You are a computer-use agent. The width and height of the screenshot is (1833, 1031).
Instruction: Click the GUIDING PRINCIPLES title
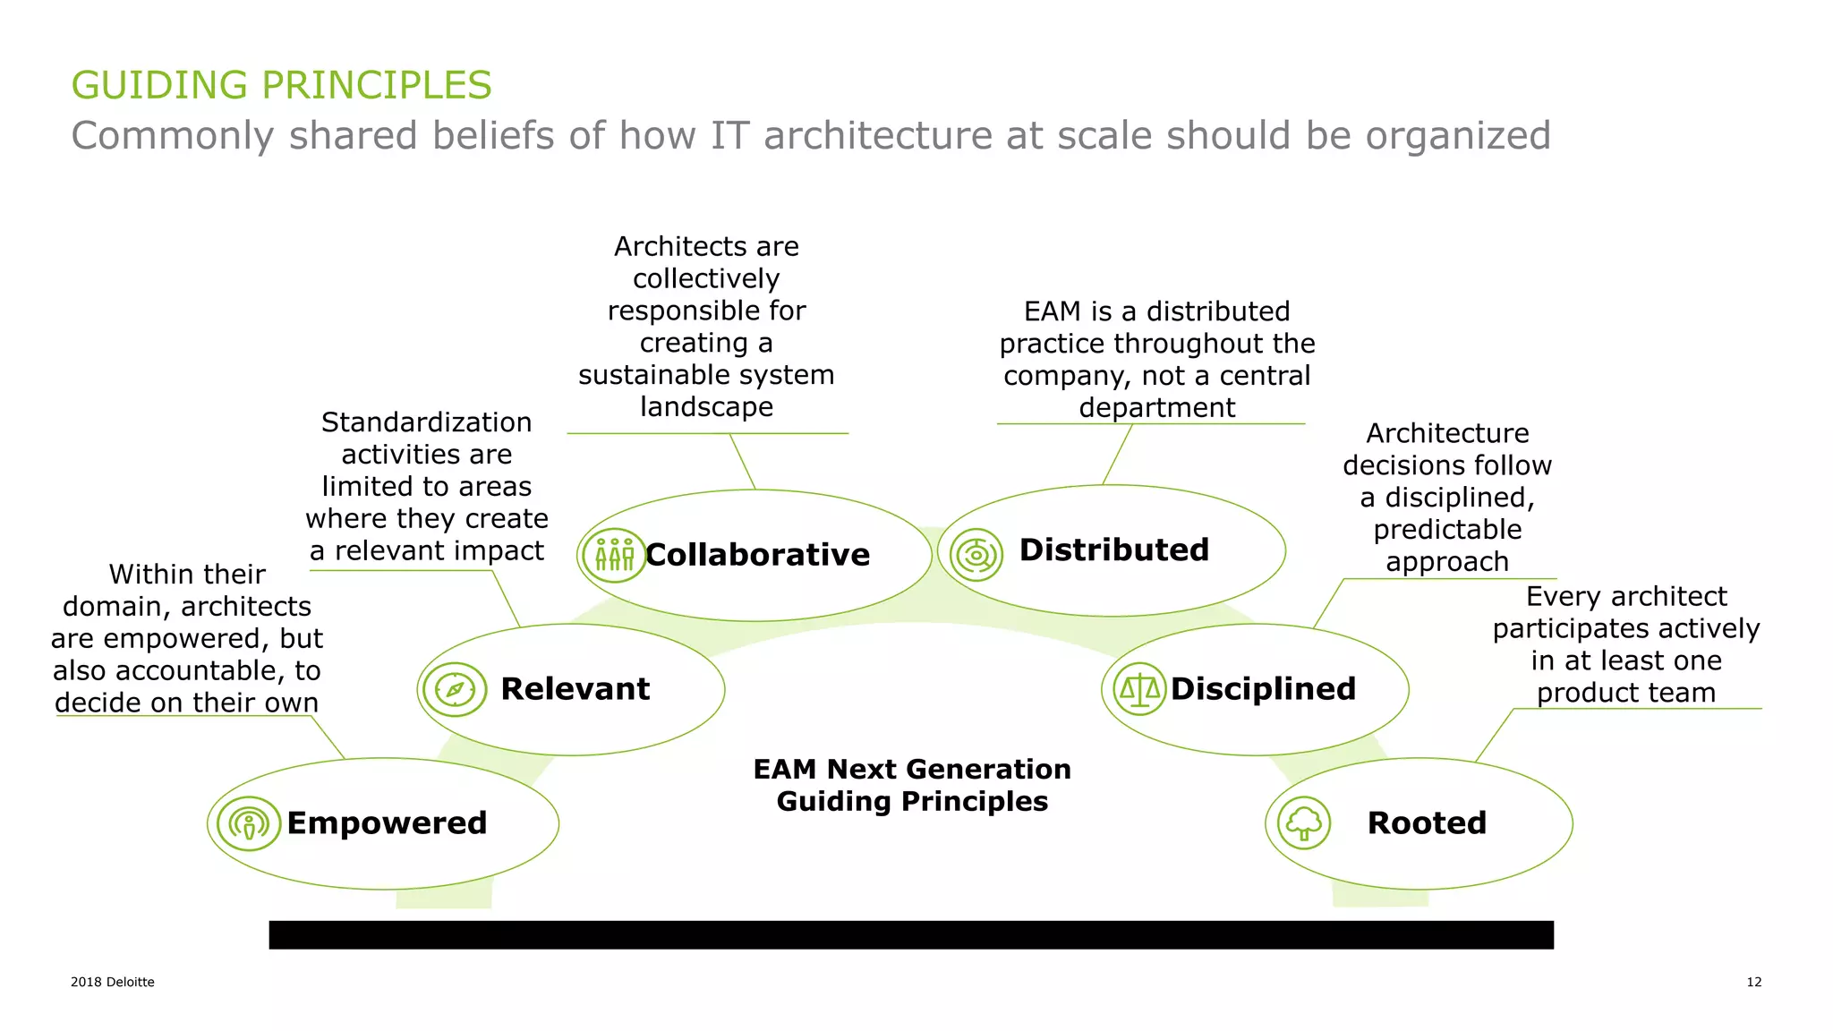pyautogui.click(x=281, y=86)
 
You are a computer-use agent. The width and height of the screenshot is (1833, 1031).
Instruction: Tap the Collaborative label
pyautogui.click(x=757, y=555)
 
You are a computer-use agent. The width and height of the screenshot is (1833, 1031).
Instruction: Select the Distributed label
pyautogui.click(x=1113, y=550)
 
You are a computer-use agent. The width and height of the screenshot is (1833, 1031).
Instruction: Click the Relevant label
pyautogui.click(x=575, y=689)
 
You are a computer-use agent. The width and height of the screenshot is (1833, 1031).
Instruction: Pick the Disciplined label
pyautogui.click(x=1263, y=689)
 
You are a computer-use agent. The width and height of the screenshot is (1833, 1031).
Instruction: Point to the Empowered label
pyautogui.click(x=387, y=823)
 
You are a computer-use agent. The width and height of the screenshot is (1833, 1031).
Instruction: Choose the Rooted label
pyautogui.click(x=1427, y=823)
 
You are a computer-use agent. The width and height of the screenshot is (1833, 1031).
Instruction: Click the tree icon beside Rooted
pyautogui.click(x=1303, y=823)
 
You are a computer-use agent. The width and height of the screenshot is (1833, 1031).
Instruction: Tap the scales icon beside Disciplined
pyautogui.click(x=1139, y=689)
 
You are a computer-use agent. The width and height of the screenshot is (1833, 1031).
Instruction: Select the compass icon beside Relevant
pyautogui.click(x=455, y=690)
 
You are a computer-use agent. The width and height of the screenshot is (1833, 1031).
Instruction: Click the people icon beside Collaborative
pyautogui.click(x=614, y=556)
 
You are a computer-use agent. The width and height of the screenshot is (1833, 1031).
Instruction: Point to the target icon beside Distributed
pyautogui.click(x=976, y=555)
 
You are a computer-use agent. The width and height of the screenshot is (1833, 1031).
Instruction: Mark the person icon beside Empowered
pyautogui.click(x=249, y=823)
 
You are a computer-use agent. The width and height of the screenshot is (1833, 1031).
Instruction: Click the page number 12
pyautogui.click(x=1753, y=982)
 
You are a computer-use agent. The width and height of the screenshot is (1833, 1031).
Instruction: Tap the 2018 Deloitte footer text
pyautogui.click(x=113, y=982)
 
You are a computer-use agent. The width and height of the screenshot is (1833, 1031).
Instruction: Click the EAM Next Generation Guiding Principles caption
pyautogui.click(x=912, y=785)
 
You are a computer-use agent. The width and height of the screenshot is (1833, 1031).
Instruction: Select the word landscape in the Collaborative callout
pyautogui.click(x=706, y=407)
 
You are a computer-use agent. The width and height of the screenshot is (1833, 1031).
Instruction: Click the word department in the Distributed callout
pyautogui.click(x=1156, y=408)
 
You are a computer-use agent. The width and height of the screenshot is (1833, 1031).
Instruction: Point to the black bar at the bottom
pyautogui.click(x=911, y=934)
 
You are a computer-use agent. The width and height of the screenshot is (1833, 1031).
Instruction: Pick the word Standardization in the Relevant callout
pyautogui.click(x=426, y=422)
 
